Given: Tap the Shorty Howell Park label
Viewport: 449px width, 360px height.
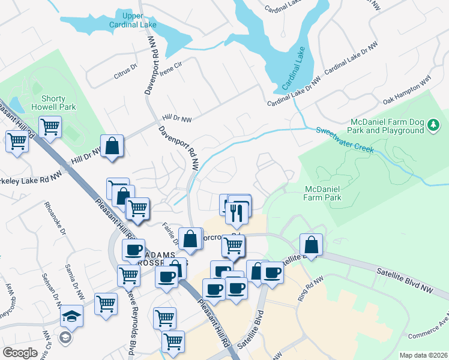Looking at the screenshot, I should click(x=57, y=103).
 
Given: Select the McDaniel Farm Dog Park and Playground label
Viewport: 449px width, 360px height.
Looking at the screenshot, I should click(x=387, y=126).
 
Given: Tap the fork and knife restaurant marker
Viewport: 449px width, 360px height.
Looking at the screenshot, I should click(x=239, y=211).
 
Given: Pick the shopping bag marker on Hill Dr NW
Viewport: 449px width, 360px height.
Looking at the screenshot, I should click(x=112, y=146).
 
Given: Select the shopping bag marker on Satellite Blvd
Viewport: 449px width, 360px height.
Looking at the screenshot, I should click(x=312, y=244).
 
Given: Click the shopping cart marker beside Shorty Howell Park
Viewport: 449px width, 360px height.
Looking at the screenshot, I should click(x=50, y=127).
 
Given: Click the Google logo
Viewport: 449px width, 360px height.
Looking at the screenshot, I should click(x=20, y=352).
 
